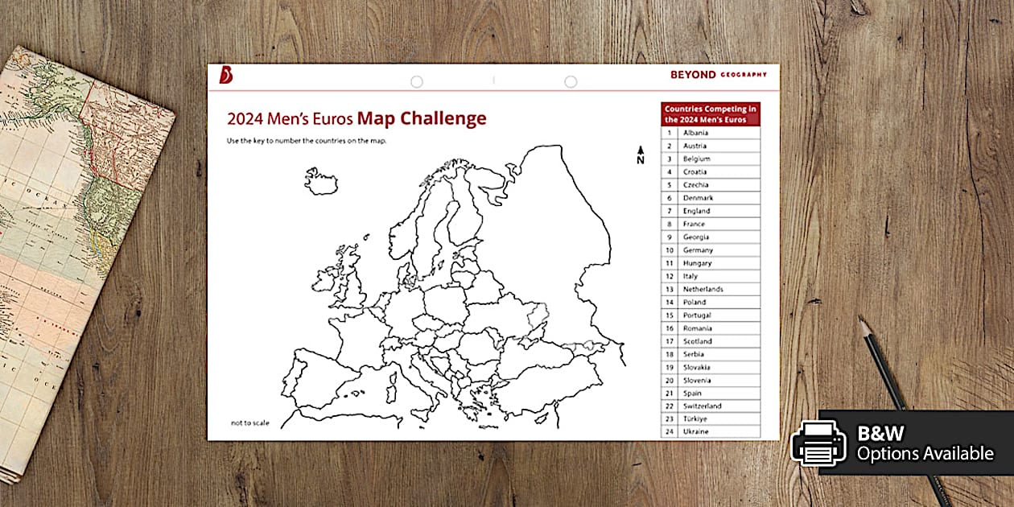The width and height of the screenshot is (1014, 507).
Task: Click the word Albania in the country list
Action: (x=695, y=133)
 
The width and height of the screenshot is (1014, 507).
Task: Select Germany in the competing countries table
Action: (x=698, y=250)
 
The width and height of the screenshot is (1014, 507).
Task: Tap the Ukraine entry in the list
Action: (x=696, y=432)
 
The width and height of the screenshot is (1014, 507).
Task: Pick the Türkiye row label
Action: (x=695, y=419)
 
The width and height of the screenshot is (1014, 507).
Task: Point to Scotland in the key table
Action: (x=698, y=341)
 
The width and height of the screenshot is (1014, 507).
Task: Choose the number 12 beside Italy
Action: (x=669, y=276)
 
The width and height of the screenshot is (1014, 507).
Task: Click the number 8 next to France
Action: (x=669, y=224)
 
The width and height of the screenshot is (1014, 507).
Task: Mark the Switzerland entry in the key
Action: (x=702, y=406)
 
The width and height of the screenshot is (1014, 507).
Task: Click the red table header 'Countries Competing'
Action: (x=711, y=113)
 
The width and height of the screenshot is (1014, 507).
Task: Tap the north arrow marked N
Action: (x=641, y=155)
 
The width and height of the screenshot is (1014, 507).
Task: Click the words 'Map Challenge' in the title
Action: (x=422, y=119)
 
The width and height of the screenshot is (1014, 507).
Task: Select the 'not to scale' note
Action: (x=249, y=422)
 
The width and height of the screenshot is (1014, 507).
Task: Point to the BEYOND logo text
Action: (x=693, y=75)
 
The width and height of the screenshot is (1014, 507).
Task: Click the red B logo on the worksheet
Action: (x=226, y=75)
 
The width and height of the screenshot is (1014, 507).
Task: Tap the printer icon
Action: (x=818, y=443)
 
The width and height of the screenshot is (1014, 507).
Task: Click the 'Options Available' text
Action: (x=925, y=454)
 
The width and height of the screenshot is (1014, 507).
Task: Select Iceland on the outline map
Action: (x=322, y=180)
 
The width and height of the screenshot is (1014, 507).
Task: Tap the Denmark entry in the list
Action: (x=698, y=198)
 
